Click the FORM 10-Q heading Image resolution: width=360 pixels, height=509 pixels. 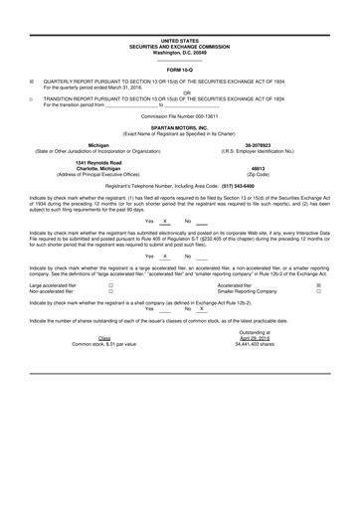[179, 70]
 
